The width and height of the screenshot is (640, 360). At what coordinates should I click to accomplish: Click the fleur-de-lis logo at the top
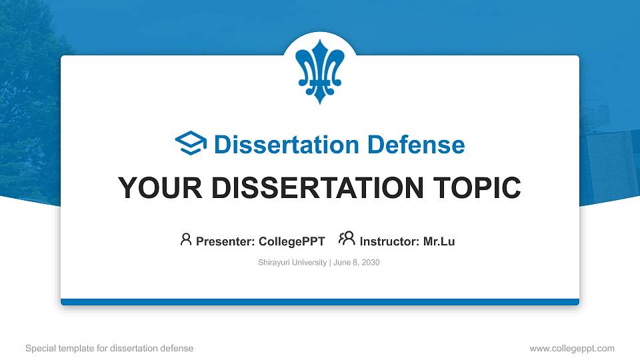coord(320,70)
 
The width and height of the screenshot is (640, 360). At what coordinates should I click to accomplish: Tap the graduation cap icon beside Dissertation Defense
coord(191,144)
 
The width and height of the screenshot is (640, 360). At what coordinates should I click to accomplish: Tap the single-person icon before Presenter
coord(186,239)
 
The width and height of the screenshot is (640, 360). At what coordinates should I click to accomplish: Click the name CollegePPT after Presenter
coord(292,241)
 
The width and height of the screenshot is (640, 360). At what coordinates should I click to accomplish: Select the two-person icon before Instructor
coord(347,239)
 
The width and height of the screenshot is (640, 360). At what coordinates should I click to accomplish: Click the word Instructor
coord(389,241)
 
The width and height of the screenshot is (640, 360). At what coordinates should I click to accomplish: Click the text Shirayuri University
coord(292,263)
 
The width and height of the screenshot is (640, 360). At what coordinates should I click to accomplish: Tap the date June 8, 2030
coord(356,263)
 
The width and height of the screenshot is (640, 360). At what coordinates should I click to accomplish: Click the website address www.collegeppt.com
coord(572,349)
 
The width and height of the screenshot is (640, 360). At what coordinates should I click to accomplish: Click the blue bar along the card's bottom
coord(320,302)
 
